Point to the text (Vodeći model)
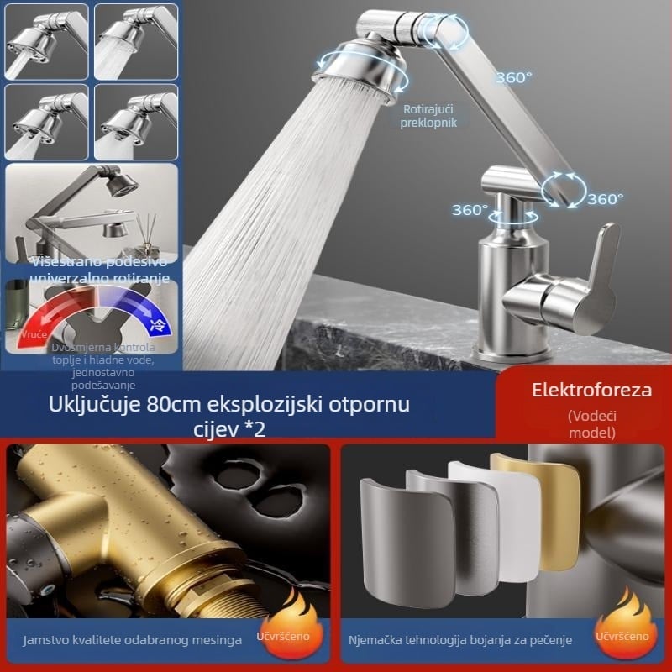point(591,424)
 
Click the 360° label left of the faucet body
point(470,210)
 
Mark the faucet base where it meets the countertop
point(512,351)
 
